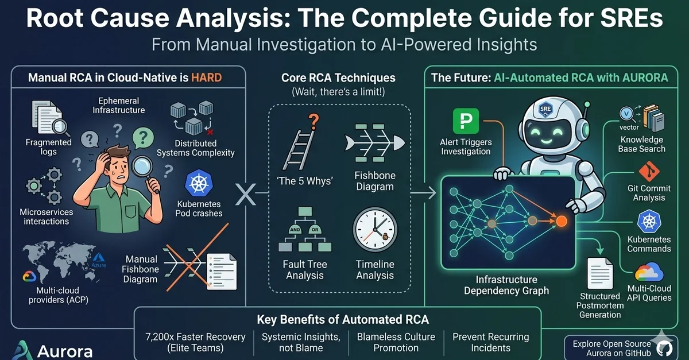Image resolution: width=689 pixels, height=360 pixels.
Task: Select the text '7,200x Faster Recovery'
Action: (x=195, y=337)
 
